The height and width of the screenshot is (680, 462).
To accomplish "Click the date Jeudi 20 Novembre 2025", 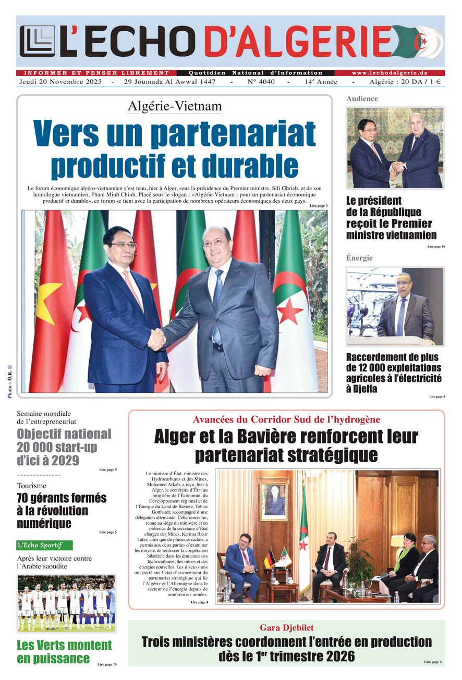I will click(61, 82).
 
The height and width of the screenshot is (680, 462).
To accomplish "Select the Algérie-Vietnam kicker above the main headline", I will click(174, 106).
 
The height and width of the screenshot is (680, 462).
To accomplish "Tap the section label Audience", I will click(362, 98).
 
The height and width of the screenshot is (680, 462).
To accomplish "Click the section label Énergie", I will click(359, 258).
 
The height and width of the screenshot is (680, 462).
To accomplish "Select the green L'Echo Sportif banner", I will click(44, 545).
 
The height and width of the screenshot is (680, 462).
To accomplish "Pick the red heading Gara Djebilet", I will click(286, 627).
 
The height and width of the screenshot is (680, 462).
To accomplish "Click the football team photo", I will click(66, 603).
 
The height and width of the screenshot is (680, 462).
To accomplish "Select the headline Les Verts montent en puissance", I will click(64, 651).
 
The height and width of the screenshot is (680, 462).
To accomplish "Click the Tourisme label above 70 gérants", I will click(31, 486).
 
